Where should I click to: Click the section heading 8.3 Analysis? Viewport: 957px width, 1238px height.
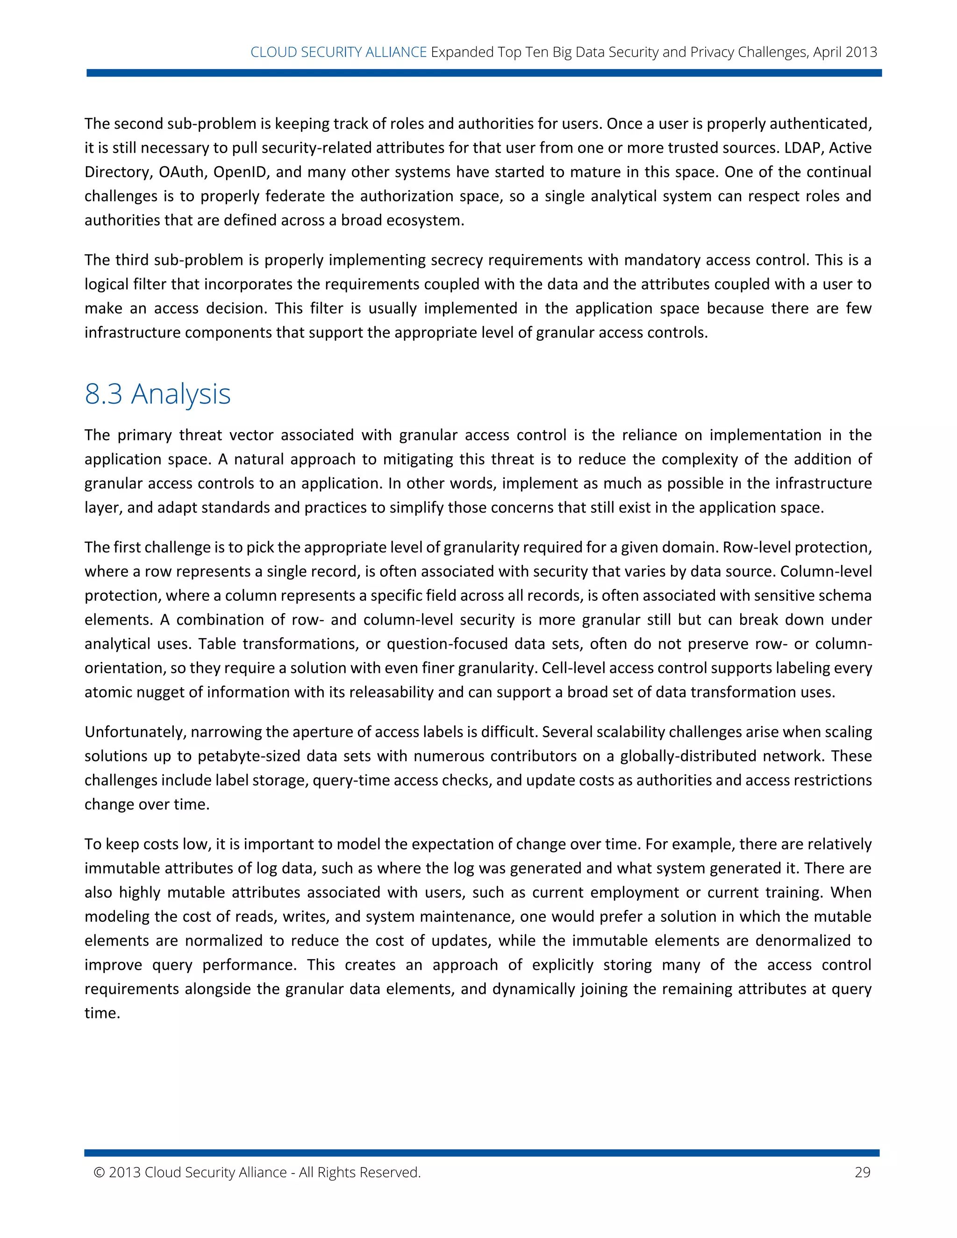(x=157, y=394)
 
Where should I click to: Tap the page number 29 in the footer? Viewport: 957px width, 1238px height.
(x=862, y=1172)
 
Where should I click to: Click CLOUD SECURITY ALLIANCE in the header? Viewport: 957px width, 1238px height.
(x=338, y=52)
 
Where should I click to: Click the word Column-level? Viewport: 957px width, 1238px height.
(x=826, y=571)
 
